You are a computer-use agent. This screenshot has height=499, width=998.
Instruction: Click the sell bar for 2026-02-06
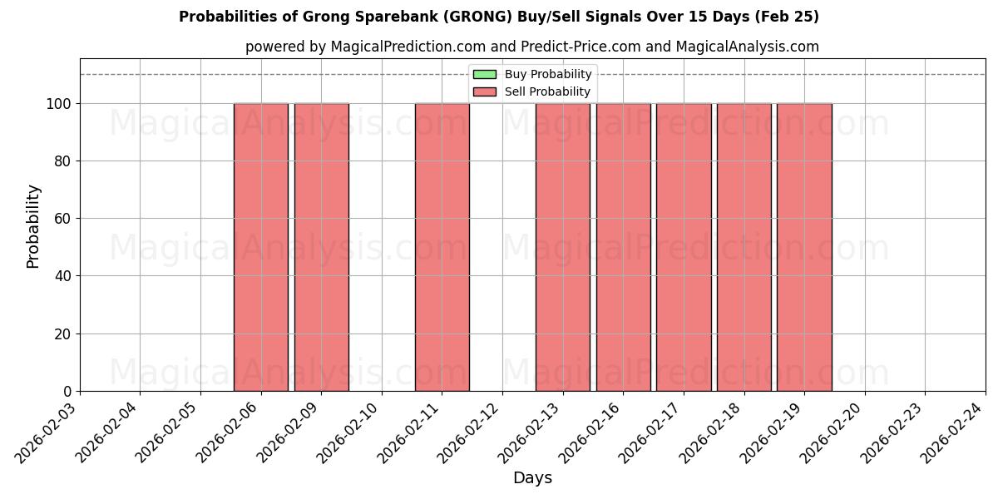(x=261, y=247)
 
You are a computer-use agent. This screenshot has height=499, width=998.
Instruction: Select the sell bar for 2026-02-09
(x=321, y=247)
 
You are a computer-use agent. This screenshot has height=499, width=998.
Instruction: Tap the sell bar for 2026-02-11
(x=442, y=247)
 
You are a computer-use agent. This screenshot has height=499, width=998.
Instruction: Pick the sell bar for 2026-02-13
(x=563, y=247)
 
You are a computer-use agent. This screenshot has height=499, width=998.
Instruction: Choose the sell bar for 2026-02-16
(x=623, y=247)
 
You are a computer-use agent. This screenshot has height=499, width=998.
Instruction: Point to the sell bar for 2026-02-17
(x=684, y=247)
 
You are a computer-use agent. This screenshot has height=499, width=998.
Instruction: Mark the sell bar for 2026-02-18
(x=744, y=247)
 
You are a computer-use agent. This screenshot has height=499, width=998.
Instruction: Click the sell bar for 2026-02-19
(x=804, y=247)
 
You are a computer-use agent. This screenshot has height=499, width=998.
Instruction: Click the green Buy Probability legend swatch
(x=484, y=75)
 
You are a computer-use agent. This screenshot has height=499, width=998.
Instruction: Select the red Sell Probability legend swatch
(x=484, y=91)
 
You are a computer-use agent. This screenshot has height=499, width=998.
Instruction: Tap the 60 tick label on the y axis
(x=62, y=219)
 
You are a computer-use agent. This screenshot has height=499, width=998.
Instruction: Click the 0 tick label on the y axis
(x=67, y=392)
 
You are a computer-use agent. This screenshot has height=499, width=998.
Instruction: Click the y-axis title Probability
(x=33, y=225)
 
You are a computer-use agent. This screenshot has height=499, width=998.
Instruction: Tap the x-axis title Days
(x=532, y=478)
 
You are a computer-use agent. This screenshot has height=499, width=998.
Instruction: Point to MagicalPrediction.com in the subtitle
(x=401, y=47)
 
